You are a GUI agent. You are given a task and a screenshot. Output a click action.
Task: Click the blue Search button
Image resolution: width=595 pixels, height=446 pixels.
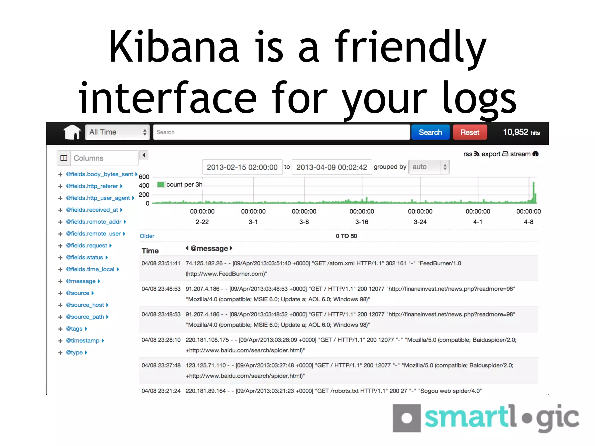[430, 132]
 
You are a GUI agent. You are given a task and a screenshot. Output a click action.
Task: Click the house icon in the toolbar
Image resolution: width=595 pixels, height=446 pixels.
[72, 132]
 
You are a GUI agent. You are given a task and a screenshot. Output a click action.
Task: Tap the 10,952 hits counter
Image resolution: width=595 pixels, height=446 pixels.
[521, 132]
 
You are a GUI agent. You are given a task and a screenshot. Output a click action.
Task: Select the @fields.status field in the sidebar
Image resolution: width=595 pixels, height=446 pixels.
[84, 258]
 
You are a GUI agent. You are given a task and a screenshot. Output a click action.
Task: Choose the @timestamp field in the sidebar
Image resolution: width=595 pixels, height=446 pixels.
[83, 341]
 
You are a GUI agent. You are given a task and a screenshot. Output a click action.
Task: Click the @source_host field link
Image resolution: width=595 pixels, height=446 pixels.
[85, 305]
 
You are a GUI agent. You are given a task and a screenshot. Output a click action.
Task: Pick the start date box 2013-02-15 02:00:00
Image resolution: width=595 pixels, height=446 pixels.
[242, 167]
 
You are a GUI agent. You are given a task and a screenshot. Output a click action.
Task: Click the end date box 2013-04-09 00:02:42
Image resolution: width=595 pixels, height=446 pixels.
[331, 167]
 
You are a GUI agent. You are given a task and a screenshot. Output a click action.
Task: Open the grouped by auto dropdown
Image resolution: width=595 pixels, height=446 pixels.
[429, 167]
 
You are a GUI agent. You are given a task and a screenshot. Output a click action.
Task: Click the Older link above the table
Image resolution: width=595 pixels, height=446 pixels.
[147, 236]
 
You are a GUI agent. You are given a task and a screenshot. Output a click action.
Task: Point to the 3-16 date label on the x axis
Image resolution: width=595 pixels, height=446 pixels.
[362, 222]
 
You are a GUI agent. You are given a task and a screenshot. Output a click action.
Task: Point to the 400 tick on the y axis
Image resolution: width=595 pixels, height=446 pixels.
[144, 186]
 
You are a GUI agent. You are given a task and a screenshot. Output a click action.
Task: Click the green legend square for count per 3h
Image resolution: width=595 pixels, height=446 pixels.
[161, 185]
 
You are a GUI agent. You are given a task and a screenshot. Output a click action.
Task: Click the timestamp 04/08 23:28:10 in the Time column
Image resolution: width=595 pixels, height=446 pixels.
[161, 340]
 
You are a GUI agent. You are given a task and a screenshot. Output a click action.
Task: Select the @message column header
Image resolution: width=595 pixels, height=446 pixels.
[209, 249]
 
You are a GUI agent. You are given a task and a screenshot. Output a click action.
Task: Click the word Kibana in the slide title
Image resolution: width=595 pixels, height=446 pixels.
[174, 46]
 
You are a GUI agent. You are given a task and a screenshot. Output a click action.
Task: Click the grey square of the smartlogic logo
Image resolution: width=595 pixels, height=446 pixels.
[406, 418]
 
